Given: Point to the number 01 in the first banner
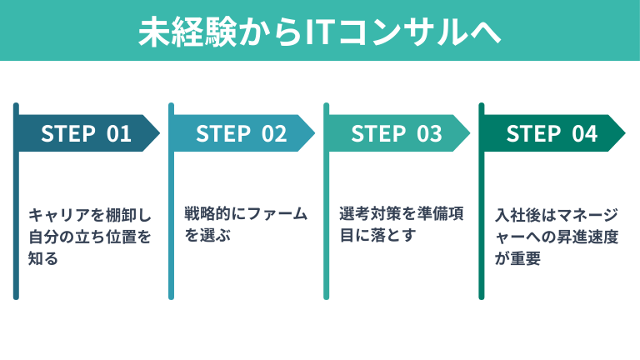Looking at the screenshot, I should [x=120, y=133].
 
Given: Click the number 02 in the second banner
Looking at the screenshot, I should [x=275, y=133].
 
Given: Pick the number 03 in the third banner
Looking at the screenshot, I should [x=430, y=133].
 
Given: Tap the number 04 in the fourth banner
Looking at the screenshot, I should [x=585, y=133].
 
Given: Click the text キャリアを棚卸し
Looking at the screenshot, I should [x=82, y=214].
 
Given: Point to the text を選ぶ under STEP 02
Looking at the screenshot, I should [x=207, y=237].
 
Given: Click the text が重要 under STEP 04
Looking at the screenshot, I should [x=518, y=259].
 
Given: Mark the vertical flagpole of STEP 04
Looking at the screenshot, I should [x=482, y=200].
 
